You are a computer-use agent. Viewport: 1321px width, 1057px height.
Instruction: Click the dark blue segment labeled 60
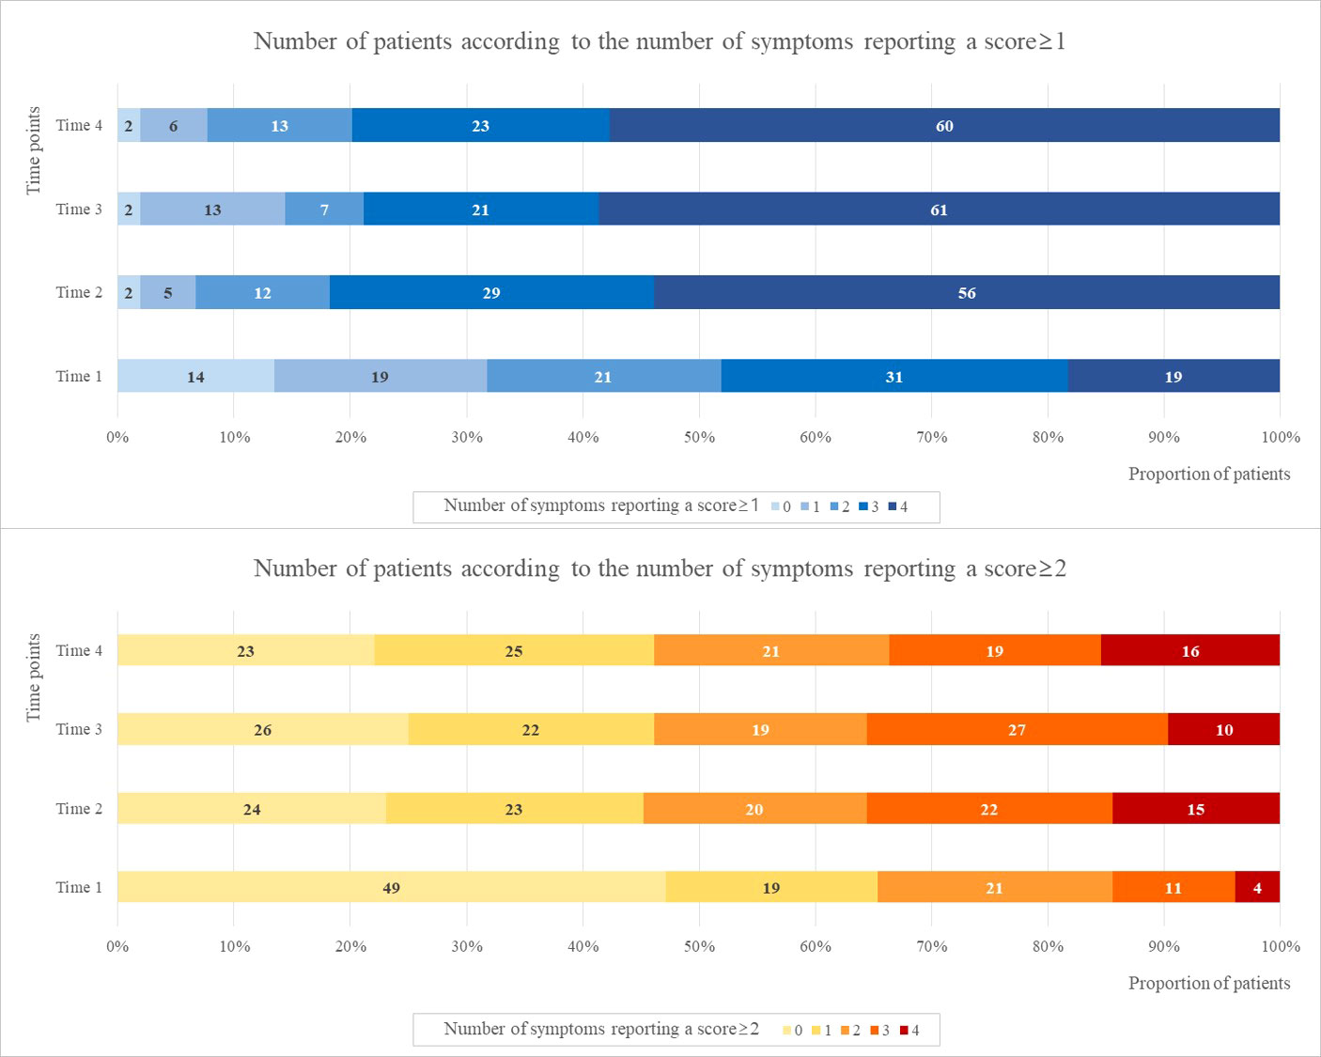(944, 126)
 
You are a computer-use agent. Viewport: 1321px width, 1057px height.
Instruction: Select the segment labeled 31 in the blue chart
(894, 377)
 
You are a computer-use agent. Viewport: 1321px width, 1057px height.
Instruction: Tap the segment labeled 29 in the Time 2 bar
(491, 293)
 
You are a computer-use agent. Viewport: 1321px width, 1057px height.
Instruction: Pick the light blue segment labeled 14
(195, 377)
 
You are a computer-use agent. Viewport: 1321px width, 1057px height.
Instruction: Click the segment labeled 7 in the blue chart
(324, 210)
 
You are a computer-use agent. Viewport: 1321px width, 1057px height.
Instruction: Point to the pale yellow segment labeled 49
(391, 888)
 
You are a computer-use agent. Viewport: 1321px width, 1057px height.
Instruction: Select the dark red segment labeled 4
(1257, 888)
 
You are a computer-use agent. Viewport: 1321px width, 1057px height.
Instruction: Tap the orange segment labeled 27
(1017, 730)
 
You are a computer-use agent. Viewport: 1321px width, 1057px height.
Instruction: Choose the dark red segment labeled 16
(1190, 651)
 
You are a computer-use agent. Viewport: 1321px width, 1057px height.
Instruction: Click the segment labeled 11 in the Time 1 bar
(1173, 888)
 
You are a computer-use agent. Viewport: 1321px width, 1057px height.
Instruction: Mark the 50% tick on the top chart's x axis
(699, 437)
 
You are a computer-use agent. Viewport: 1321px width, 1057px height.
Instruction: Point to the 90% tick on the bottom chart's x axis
(1164, 946)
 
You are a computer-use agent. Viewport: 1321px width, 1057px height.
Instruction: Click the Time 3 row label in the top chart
(79, 210)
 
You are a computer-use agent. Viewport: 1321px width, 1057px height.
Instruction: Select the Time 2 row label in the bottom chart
(79, 809)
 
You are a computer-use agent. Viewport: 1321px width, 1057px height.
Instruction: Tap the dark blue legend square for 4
(892, 506)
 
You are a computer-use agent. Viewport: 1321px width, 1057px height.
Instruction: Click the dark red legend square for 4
(904, 1031)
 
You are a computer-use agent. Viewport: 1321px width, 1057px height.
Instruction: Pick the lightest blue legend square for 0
(775, 506)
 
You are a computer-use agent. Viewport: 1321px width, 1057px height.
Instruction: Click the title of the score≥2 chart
(660, 568)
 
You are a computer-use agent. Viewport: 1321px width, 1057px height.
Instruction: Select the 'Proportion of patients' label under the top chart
(1208, 474)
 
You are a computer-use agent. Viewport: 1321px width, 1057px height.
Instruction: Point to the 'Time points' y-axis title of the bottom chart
(34, 677)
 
